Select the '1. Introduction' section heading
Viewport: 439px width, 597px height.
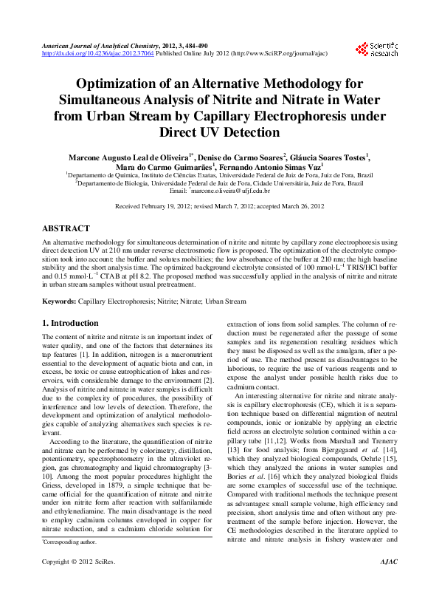(70, 323)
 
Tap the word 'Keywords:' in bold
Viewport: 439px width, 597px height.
(58, 301)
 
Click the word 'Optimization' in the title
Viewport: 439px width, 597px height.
(120, 84)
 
